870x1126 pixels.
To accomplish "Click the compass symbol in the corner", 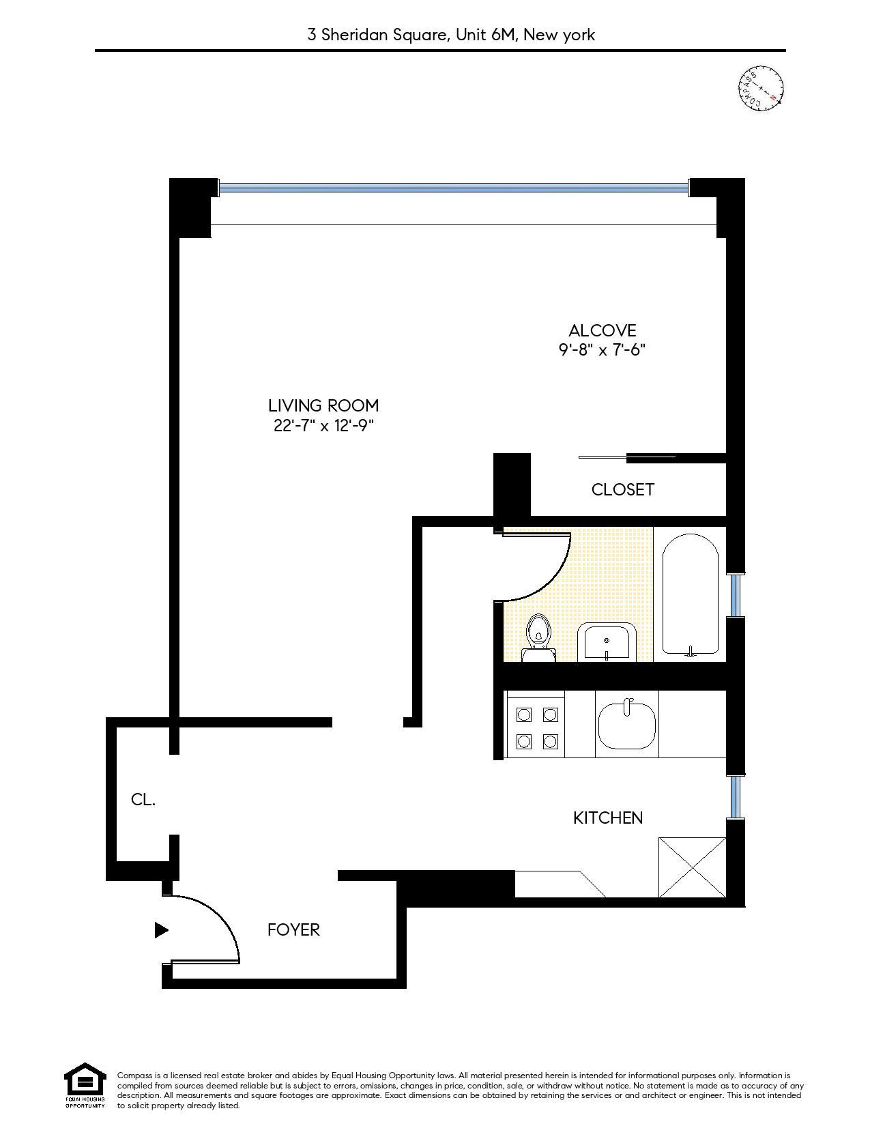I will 761,88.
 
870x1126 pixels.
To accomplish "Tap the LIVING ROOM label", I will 323,405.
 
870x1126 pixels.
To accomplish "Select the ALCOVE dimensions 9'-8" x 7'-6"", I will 602,350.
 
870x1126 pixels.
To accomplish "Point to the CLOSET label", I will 622,489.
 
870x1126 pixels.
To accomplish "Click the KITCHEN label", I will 607,818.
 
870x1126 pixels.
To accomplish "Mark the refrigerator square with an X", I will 691,867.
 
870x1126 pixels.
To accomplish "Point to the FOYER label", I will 293,929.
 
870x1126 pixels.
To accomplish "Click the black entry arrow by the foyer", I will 161,929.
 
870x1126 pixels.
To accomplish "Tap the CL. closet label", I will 143,800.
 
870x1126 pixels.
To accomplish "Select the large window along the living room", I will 453,186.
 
